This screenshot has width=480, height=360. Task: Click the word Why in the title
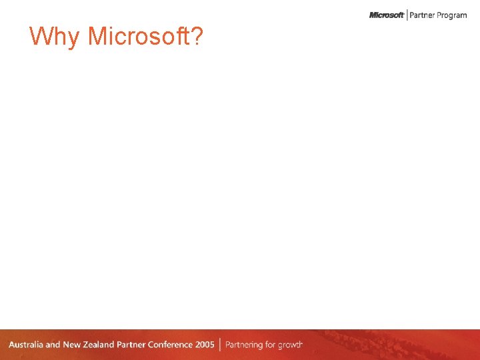(55, 37)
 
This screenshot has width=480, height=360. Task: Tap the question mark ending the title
(197, 37)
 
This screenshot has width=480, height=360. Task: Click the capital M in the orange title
(97, 37)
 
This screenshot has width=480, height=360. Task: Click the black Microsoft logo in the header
(387, 15)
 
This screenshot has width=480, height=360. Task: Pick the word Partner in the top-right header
(422, 15)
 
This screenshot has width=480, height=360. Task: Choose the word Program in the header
(452, 15)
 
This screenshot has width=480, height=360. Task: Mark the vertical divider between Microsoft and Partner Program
(407, 15)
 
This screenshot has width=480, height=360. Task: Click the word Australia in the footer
(26, 345)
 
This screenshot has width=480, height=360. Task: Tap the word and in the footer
(53, 345)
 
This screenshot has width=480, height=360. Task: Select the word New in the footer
(72, 345)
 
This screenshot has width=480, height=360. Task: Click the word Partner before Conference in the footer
(132, 345)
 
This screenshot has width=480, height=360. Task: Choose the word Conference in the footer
(171, 345)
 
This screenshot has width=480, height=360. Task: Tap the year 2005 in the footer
(205, 345)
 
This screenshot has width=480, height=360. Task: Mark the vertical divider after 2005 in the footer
(219, 345)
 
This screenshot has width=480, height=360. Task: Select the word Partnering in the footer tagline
(246, 345)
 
